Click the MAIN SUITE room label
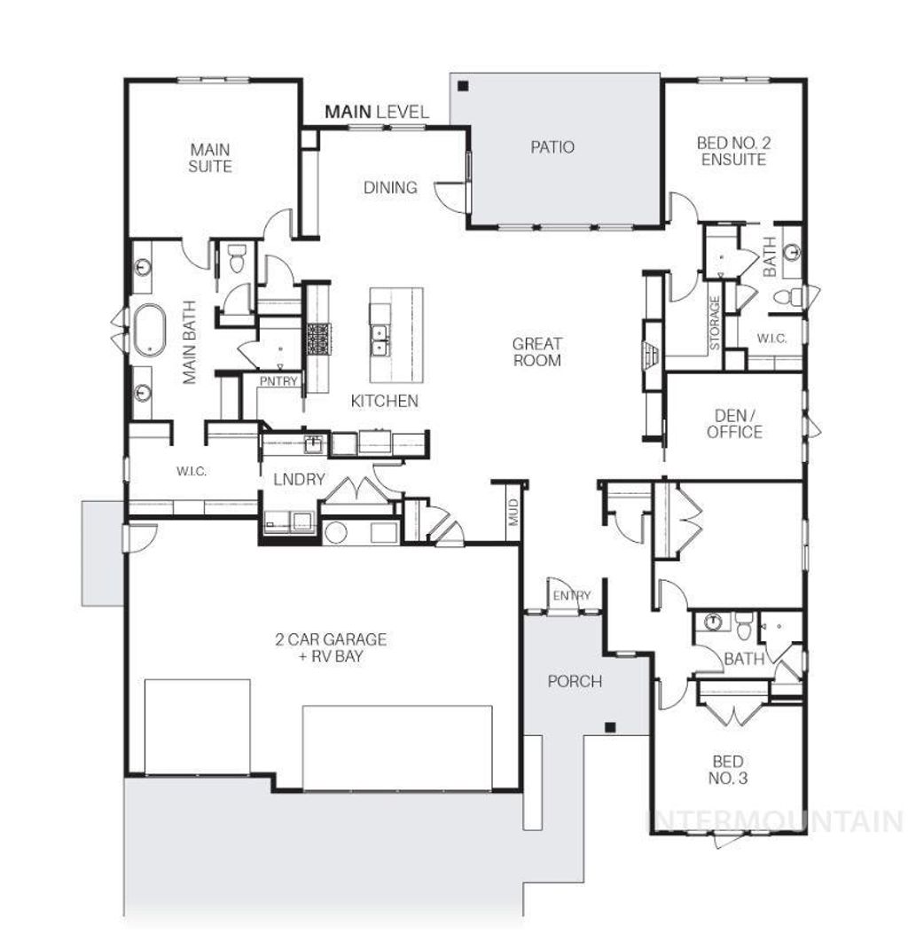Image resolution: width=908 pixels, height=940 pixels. [210, 158]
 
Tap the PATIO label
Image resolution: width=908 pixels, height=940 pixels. [552, 147]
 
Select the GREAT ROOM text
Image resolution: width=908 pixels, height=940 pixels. [536, 352]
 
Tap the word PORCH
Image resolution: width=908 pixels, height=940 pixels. [574, 682]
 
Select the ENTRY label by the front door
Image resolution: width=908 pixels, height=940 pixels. [570, 596]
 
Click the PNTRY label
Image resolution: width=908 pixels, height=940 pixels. [278, 382]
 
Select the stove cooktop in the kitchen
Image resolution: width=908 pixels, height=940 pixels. [318, 339]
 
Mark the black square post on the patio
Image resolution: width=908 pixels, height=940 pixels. [463, 87]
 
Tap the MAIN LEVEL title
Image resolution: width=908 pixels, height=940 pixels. [376, 112]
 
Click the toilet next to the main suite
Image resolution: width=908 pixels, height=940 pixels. [237, 261]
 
